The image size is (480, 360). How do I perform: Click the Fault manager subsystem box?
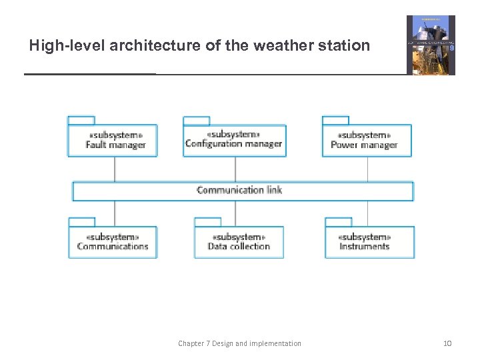coord(113,140)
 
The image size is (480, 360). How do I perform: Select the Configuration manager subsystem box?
coord(234,140)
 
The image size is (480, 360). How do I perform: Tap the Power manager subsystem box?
coord(367,140)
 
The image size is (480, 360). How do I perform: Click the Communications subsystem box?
coord(113,242)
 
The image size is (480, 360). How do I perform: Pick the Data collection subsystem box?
coord(239,242)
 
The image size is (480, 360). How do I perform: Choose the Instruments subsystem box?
coord(369,242)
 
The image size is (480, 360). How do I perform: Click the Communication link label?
coord(239,190)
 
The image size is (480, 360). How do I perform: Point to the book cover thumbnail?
coord(431,45)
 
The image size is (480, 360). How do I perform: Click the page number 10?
coord(447,343)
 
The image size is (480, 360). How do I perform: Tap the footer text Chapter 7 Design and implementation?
coord(239,343)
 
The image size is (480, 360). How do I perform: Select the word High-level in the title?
coord(67,46)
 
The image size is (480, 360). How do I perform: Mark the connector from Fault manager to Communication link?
coord(115,169)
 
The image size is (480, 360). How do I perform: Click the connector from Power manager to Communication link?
coord(367,169)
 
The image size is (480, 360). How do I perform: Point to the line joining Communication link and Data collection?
coord(235,213)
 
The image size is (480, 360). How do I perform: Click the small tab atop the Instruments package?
coord(338,221)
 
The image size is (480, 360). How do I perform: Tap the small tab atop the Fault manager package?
coord(81,120)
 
